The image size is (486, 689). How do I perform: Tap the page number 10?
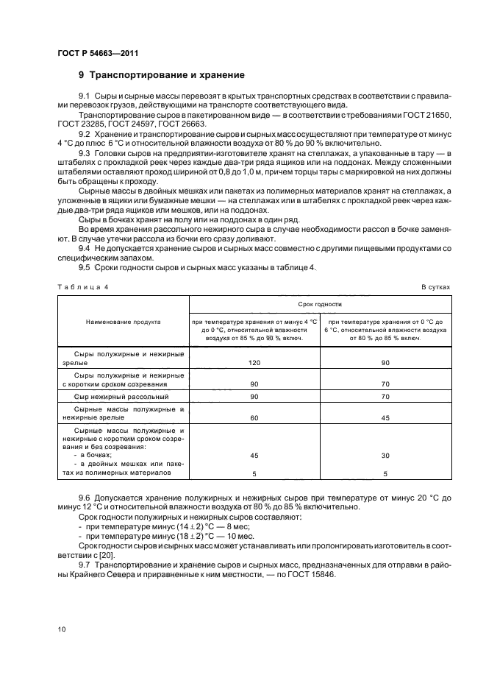pos(62,628)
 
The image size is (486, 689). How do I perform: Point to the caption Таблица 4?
pos(82,288)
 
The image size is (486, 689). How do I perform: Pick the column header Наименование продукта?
pos(123,322)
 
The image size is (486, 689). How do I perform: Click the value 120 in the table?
pos(255,363)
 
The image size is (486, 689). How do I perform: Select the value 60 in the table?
pos(255,417)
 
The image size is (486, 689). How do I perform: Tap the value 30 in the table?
pos(385,455)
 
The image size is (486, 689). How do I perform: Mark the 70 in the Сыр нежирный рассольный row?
pos(385,397)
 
